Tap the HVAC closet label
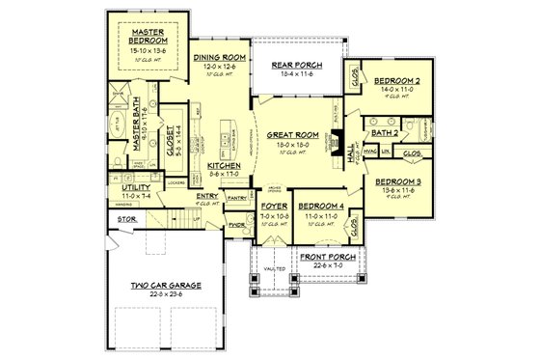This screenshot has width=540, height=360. [367, 152]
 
